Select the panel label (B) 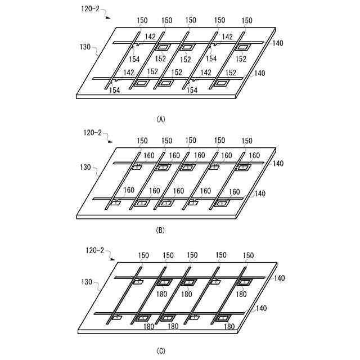point(160,229)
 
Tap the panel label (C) point(160,352)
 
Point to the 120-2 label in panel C point(97,249)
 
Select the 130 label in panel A point(84,48)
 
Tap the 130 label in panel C point(84,281)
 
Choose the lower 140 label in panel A point(259,73)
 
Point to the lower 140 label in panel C point(259,308)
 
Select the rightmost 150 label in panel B point(247,141)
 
